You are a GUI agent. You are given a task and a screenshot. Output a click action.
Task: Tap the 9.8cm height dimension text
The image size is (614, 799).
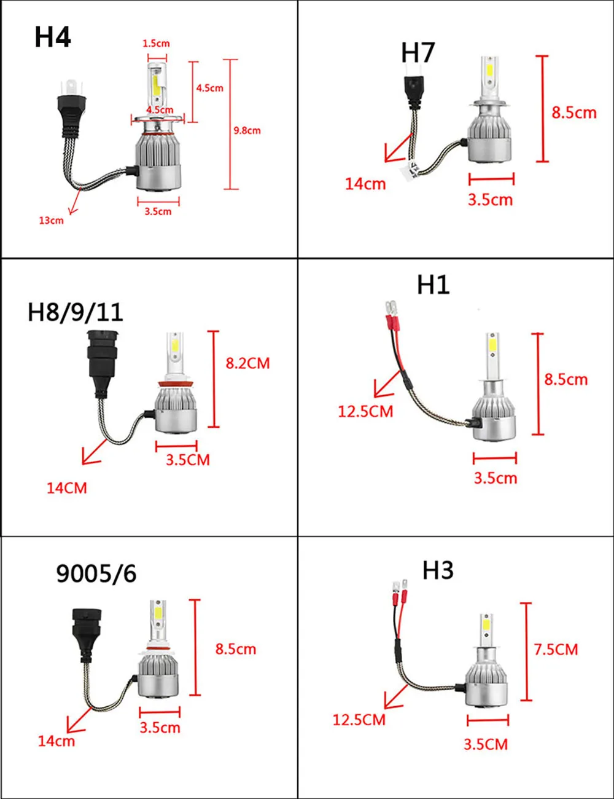coord(247,130)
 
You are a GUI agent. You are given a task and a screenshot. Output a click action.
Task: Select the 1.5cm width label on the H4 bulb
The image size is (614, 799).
coord(156,44)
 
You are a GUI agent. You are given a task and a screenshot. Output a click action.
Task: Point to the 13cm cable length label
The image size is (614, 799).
coord(51,221)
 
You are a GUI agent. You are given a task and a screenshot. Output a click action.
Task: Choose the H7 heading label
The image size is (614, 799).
coord(418,53)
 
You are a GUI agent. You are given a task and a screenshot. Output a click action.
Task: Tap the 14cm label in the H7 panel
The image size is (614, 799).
coord(365,184)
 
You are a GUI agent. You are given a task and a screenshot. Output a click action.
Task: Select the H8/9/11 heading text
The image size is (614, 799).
coord(75,312)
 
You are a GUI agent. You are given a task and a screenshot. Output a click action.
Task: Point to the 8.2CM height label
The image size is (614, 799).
coord(247,363)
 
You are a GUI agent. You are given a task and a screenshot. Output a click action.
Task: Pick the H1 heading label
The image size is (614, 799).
coord(433,285)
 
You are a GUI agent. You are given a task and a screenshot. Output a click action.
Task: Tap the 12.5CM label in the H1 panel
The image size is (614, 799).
coord(365,411)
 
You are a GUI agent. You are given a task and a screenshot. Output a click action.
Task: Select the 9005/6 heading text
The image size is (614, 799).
coord(96,573)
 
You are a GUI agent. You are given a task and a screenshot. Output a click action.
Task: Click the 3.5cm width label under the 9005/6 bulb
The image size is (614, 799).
coord(160,728)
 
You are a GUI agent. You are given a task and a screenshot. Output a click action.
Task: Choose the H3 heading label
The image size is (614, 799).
coord(438,570)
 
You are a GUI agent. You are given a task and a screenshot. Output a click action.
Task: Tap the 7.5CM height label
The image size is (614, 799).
coord(556,650)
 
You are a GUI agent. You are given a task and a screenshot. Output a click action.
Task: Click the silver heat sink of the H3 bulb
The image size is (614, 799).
coord(486,685)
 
